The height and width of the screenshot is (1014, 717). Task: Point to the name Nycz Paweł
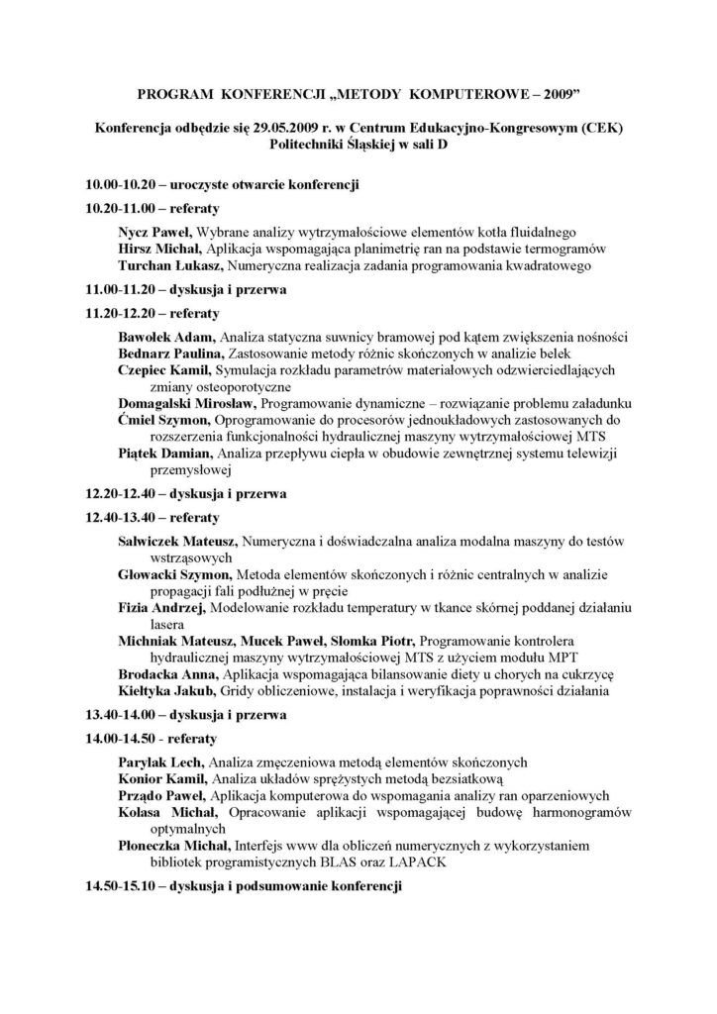pos(147,232)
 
